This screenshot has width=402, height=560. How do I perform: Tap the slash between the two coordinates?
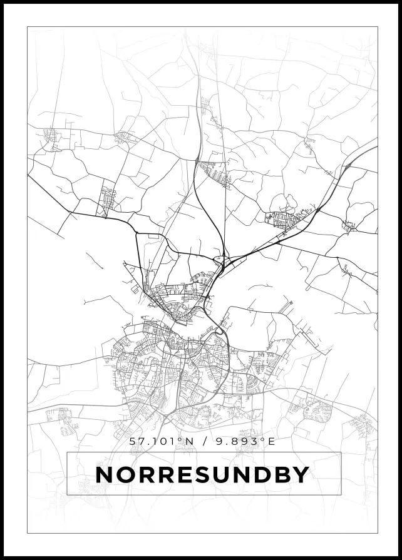[201, 441]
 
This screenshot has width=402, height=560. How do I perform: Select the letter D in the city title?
[262, 475]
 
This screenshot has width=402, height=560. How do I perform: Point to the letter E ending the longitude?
[271, 441]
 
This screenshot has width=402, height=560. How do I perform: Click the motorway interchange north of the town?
[220, 259]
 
